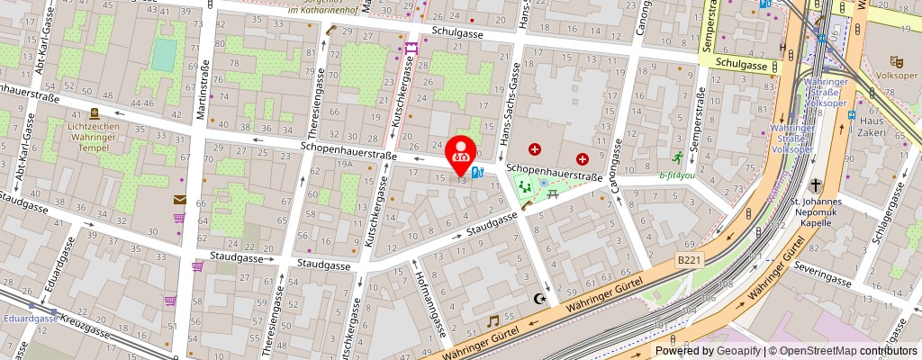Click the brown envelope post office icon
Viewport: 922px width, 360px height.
[x=180, y=200]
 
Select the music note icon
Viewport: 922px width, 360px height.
[x=493, y=320]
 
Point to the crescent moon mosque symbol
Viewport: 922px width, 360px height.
[x=540, y=298]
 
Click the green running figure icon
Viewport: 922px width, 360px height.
[x=665, y=158]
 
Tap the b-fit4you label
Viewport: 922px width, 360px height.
[x=678, y=175]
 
